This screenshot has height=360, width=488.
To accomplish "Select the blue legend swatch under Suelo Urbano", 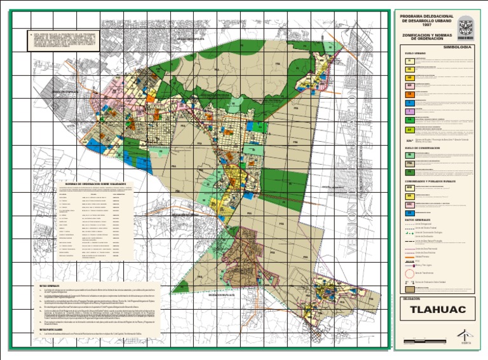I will pyautogui.click(x=410, y=102).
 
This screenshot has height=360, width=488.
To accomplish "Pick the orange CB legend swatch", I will pyautogui.click(x=410, y=93).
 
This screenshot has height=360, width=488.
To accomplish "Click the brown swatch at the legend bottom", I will pyautogui.click(x=410, y=287).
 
